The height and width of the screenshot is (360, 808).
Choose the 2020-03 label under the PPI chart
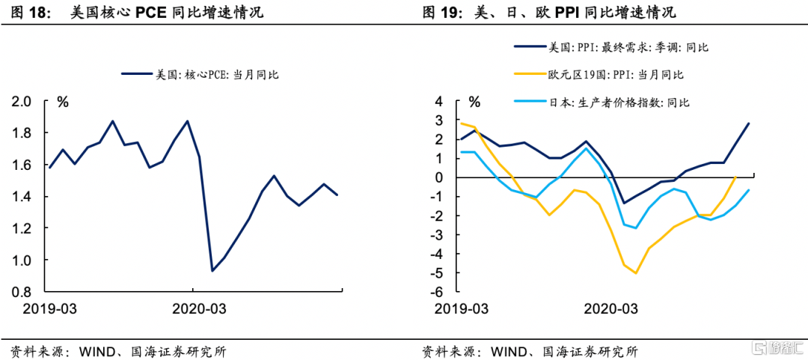point(610,308)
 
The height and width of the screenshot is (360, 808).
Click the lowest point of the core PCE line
point(212,270)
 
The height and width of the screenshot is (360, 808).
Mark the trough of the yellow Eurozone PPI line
point(635,273)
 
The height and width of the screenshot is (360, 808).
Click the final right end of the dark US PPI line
point(748,123)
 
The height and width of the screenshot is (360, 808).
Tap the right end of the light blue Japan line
point(748,190)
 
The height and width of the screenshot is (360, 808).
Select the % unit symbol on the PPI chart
point(474,102)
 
